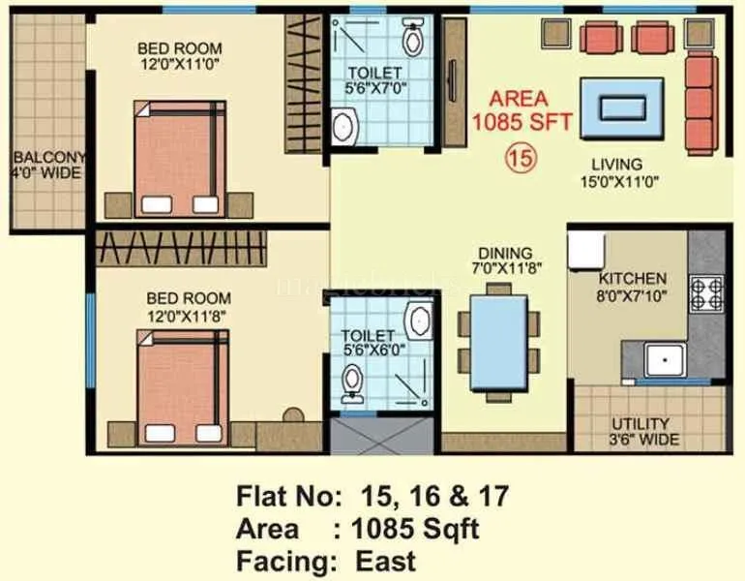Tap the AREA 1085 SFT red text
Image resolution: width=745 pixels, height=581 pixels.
click(519, 110)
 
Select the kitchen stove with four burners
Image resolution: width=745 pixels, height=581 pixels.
click(705, 292)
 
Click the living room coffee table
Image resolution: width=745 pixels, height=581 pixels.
click(621, 107)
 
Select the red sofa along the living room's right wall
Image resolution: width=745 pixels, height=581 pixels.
click(701, 104)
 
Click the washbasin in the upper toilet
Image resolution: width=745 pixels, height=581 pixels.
click(344, 126)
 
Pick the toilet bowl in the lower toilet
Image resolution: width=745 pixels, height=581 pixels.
click(353, 387)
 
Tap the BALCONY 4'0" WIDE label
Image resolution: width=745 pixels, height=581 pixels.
click(46, 166)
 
